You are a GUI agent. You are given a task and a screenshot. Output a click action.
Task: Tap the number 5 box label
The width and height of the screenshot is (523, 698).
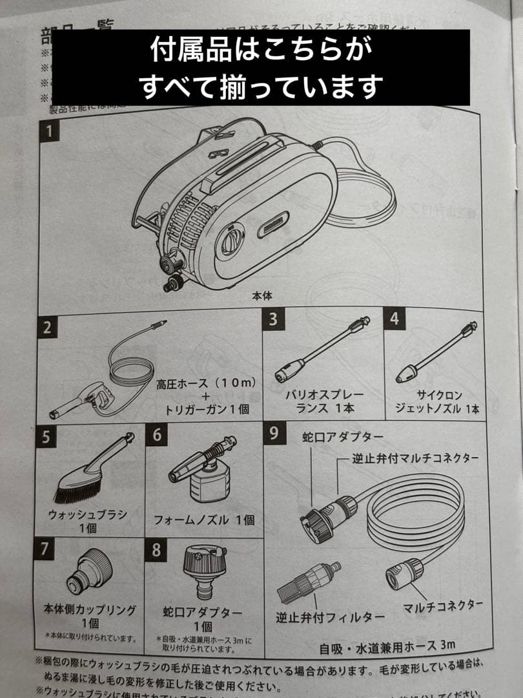[x=46, y=437]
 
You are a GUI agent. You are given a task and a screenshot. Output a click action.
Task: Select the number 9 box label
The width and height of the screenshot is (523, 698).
[x=274, y=432]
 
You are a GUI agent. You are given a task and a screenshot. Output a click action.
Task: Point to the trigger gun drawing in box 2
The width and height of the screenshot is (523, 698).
[x=80, y=399]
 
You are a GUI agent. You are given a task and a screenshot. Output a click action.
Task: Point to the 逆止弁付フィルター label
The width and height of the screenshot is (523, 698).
[x=330, y=617]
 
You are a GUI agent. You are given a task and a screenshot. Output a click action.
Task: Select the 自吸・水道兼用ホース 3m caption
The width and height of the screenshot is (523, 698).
[x=387, y=645]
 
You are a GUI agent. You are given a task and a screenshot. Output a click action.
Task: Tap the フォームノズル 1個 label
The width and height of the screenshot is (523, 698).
[x=203, y=520]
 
